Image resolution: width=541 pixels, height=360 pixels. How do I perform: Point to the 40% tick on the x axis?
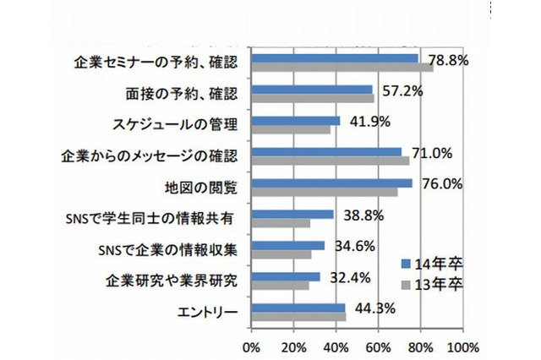[336, 346]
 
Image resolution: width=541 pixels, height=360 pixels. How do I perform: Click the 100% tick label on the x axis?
[463, 346]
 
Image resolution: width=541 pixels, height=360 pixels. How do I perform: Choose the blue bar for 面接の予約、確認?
[312, 89]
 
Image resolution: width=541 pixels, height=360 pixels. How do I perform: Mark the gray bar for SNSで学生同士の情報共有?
[281, 224]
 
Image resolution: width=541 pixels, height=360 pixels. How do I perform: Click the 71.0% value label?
[430, 154]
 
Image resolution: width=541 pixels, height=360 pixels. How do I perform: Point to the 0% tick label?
[251, 346]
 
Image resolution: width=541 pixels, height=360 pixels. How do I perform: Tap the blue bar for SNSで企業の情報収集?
[287, 246]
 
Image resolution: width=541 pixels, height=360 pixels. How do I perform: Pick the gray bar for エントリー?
[298, 317]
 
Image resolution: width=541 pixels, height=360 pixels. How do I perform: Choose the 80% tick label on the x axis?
[420, 346]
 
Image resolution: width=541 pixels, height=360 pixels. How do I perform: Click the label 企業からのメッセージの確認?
[150, 156]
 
